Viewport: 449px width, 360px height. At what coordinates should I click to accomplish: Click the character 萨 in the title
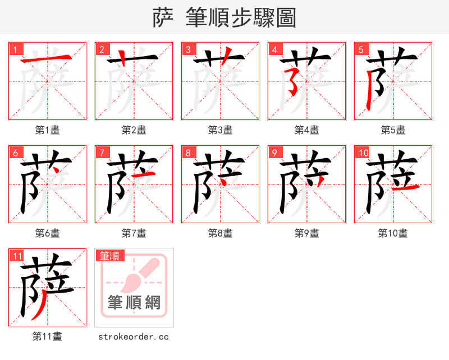pos(162,18)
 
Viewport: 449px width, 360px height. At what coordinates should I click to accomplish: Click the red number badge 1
pos(14,49)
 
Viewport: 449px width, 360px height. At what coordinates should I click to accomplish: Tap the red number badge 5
pos(360,49)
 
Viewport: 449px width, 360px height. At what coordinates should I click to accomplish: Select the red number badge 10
pos(363,153)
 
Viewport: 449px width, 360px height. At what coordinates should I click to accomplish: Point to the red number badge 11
pos(17,256)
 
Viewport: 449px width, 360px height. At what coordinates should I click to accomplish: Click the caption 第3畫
pos(220,130)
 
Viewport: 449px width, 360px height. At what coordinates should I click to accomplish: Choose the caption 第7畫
pos(134,233)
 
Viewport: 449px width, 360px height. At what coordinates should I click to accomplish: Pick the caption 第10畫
pos(393,233)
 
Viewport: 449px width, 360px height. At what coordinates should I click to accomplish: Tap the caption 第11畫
pos(47,336)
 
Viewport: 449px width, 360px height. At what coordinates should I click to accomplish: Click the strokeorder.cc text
pos(134,337)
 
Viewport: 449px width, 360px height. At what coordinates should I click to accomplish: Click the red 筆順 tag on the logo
pos(109,256)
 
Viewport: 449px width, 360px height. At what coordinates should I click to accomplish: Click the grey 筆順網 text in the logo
pos(134,303)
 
